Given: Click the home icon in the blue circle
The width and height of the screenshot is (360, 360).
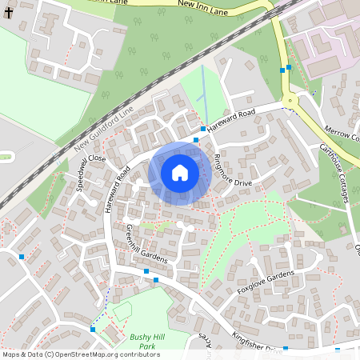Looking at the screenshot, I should [180, 172].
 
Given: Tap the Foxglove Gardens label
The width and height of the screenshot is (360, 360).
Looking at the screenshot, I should [266, 282].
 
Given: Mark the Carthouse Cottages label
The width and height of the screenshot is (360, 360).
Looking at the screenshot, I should [335, 173].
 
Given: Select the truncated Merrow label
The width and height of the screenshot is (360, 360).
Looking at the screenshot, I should [342, 134].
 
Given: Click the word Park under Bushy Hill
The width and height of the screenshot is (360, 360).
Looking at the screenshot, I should [146, 347].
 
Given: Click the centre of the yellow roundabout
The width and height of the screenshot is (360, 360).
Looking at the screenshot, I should [289, 102].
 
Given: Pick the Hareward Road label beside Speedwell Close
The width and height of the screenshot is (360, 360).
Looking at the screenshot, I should [117, 187].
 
